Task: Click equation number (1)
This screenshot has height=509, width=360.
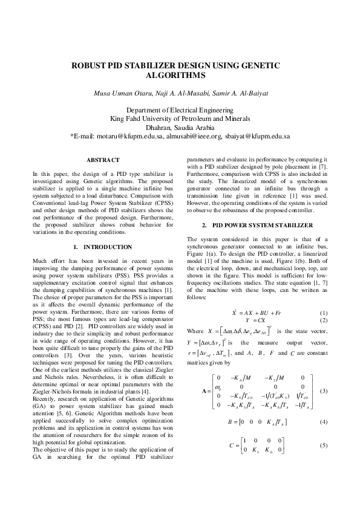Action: [324, 311]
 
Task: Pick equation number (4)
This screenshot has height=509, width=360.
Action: [324, 437]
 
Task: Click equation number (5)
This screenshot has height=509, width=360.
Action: [324, 462]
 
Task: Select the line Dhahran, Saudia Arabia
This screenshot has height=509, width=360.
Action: [180, 128]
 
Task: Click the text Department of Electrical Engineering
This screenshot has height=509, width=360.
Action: [180, 110]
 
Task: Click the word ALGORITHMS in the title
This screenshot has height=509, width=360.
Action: [180, 76]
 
